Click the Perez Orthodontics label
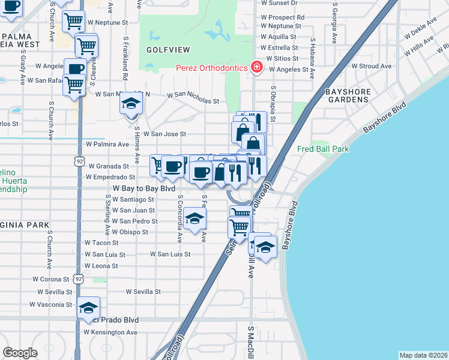click(x=211, y=68)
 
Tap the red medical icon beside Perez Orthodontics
click(x=257, y=66)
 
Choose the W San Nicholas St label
click(x=193, y=95)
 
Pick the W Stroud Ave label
click(x=372, y=66)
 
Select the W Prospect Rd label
click(x=283, y=17)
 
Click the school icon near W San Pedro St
click(x=195, y=220)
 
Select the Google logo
click(x=20, y=353)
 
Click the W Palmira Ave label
click(x=107, y=145)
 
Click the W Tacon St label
click(x=98, y=243)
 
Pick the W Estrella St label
click(x=280, y=47)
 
